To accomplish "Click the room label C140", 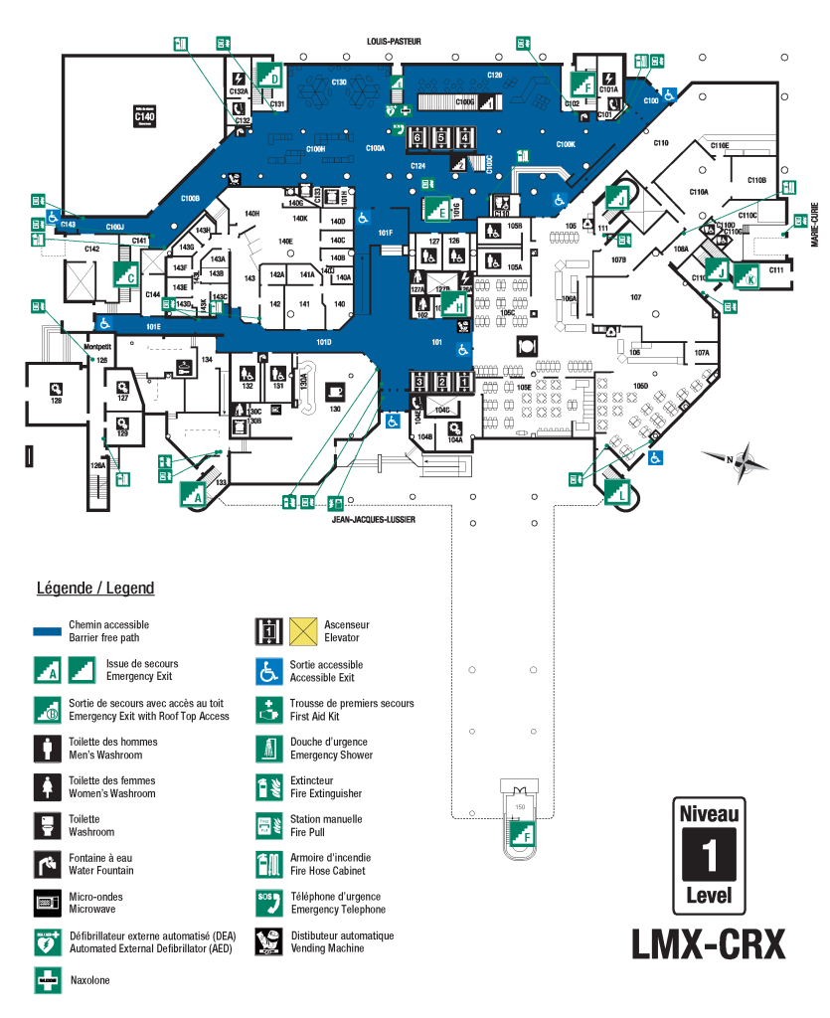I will [x=144, y=116].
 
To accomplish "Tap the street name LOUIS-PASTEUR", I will [x=394, y=42].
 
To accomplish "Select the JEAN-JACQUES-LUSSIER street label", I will [x=374, y=519].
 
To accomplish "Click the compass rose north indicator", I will [x=735, y=459].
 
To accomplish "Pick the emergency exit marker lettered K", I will [x=747, y=275].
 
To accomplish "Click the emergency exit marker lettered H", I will [x=456, y=305].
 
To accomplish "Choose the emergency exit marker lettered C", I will [x=125, y=276].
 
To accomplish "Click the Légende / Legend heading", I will [x=95, y=589].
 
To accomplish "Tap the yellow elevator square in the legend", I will [x=303, y=631].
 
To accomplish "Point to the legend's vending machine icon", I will [x=268, y=940].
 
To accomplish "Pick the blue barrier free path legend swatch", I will [x=48, y=631].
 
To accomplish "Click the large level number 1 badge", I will [x=709, y=851].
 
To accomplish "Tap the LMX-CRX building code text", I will [x=708, y=942].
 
